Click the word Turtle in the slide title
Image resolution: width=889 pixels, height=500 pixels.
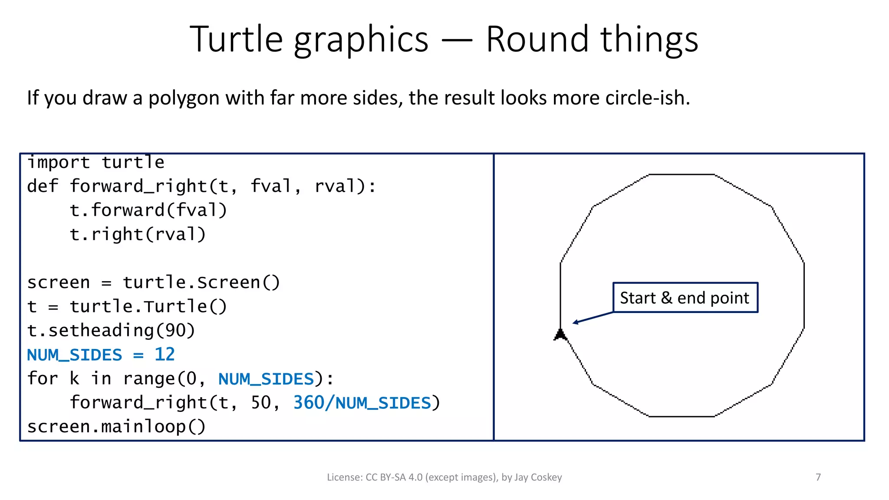pos(237,39)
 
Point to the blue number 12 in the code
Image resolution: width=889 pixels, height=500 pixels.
pos(165,355)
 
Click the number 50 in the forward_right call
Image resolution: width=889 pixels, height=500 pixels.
pos(261,403)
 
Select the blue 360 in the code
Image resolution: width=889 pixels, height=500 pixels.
pos(309,403)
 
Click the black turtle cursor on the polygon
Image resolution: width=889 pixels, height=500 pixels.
pos(560,335)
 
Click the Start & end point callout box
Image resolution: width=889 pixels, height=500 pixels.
pos(685,298)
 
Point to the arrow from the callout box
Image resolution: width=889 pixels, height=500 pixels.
pos(593,317)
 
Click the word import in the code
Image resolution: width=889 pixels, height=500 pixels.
pos(59,162)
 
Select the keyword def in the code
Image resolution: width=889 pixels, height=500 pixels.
pos(43,187)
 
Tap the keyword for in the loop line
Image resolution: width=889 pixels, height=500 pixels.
pos(43,378)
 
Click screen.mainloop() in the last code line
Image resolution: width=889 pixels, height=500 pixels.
pos(116,427)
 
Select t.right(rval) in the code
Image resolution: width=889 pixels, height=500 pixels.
pos(138,234)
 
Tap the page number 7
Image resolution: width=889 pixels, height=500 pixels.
pos(818,477)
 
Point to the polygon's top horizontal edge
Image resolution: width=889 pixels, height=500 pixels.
pos(682,174)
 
